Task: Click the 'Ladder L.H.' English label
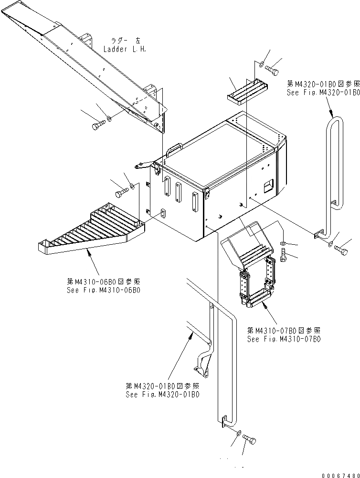(x=125, y=49)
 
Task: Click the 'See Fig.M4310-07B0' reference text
(x=284, y=339)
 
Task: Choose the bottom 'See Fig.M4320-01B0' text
(x=162, y=394)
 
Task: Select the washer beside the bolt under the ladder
(x=109, y=118)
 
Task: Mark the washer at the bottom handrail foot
(x=237, y=432)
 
